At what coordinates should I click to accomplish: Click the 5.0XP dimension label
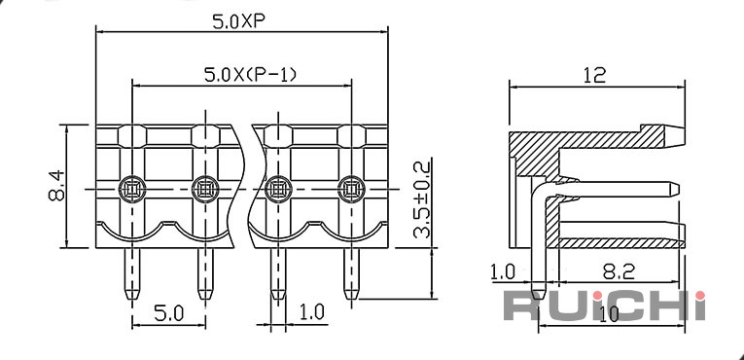(x=238, y=20)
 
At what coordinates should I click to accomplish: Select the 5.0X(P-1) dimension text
(x=250, y=75)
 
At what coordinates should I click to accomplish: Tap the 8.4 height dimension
(x=56, y=186)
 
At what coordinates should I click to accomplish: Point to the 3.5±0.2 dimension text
(x=421, y=199)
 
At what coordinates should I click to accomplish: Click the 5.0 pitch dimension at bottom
(x=168, y=313)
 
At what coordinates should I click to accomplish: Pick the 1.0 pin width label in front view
(x=312, y=311)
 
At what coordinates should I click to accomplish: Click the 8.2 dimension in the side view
(x=619, y=272)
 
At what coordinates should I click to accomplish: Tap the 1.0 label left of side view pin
(x=502, y=272)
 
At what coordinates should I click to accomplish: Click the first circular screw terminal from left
(x=132, y=189)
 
